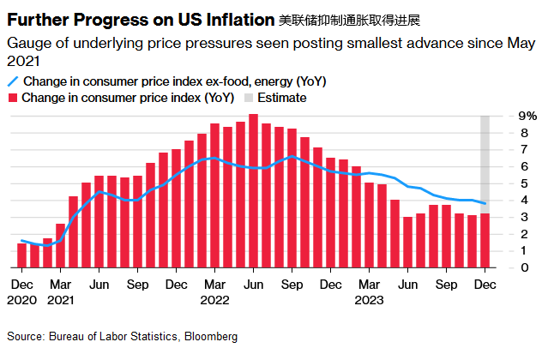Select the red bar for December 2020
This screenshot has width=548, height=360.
pos(22,255)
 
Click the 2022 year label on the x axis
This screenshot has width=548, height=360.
pos(214,301)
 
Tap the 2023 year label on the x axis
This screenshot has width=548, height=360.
pos(368,301)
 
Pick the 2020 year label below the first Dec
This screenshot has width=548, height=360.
pos(21,301)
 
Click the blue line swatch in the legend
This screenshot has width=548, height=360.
pos(13,81)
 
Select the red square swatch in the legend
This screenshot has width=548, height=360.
pos(13,99)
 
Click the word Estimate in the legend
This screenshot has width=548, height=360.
pos(282,99)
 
